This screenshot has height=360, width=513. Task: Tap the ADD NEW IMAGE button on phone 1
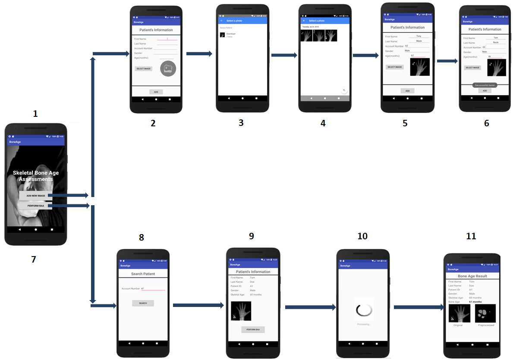[36, 196]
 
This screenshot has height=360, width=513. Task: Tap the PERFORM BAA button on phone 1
[36, 206]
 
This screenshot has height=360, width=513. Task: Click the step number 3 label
[241, 122]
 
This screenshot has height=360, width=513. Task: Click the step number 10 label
[362, 236]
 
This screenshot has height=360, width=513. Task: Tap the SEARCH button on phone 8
[143, 303]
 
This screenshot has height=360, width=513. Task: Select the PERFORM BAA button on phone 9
[253, 329]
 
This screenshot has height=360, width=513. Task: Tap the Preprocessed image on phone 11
[485, 313]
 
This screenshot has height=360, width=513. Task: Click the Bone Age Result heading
[472, 276]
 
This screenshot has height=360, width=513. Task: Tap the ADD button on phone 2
[156, 92]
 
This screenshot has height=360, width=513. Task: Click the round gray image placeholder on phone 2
[168, 69]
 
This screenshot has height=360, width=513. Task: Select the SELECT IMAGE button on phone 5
[394, 67]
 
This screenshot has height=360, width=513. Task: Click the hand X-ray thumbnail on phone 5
[420, 67]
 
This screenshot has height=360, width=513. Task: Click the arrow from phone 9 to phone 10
[310, 307]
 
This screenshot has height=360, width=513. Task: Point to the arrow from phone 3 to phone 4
[284, 55]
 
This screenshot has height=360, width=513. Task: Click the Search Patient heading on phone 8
[143, 274]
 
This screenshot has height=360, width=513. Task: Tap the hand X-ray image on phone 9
[241, 311]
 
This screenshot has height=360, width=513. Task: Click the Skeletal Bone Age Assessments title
[36, 176]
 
